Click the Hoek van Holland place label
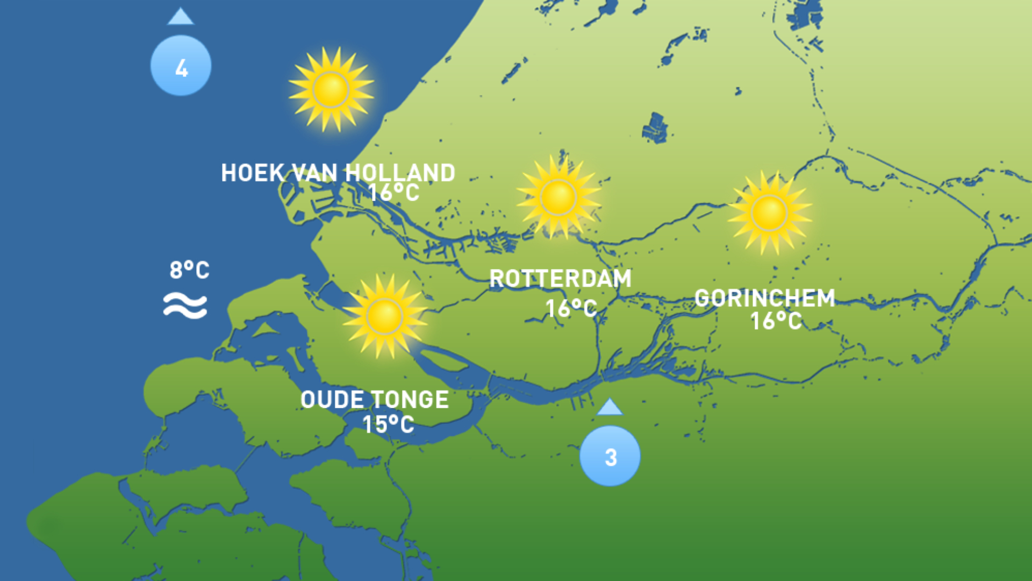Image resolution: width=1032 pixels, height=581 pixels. pos(338,173)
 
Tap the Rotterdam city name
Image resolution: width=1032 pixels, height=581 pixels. pos(560,279)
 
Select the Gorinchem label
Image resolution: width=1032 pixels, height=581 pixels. pos(765,298)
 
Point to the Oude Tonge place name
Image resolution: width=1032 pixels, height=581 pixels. pos(375,400)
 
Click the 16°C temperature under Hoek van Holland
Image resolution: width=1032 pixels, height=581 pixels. pos(394,193)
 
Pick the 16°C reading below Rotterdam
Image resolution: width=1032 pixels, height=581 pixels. pos(571,309)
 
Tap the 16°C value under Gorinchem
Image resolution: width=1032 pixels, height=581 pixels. pos(776,321)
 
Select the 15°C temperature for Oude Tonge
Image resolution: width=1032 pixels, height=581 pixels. pos(388,425)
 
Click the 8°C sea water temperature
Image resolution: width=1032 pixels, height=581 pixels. pos(189,270)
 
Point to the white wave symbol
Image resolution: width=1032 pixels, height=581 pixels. pos(185,306)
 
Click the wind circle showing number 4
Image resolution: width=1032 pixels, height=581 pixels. pos(181,66)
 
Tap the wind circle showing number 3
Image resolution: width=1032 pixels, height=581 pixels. pos(610,456)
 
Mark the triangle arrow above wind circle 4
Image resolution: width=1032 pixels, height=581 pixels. pos(181,17)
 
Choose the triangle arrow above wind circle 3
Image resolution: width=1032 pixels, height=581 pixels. pos(610,407)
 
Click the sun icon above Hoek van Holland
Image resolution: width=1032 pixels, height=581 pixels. pos(331,89)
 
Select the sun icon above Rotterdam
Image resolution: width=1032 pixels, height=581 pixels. pos(558,197)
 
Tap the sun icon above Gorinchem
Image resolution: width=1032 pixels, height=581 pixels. pos(769,212)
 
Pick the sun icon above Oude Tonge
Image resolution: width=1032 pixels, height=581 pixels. pos(384,316)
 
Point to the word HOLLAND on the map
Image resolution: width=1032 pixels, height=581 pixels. pos(400,173)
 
